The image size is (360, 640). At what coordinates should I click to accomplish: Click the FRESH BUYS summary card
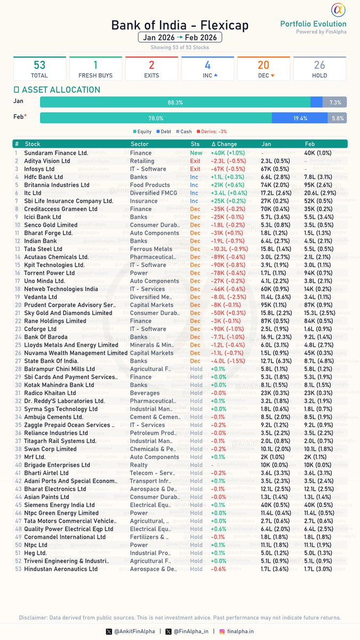click(95, 69)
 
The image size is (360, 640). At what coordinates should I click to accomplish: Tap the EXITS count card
click(151, 69)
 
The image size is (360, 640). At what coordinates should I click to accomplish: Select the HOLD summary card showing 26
click(319, 69)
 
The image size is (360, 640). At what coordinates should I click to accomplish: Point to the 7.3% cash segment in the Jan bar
click(335, 101)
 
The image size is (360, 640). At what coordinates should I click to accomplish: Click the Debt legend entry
click(163, 131)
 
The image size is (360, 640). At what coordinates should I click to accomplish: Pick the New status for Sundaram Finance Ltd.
click(196, 153)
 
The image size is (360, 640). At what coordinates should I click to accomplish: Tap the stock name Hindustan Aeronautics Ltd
click(61, 569)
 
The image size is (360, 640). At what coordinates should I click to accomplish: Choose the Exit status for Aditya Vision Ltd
click(195, 161)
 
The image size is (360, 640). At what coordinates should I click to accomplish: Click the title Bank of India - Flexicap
click(180, 25)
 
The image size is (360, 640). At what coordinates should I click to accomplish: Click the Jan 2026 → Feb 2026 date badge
click(180, 37)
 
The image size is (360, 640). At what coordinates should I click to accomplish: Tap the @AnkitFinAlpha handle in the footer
click(133, 631)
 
